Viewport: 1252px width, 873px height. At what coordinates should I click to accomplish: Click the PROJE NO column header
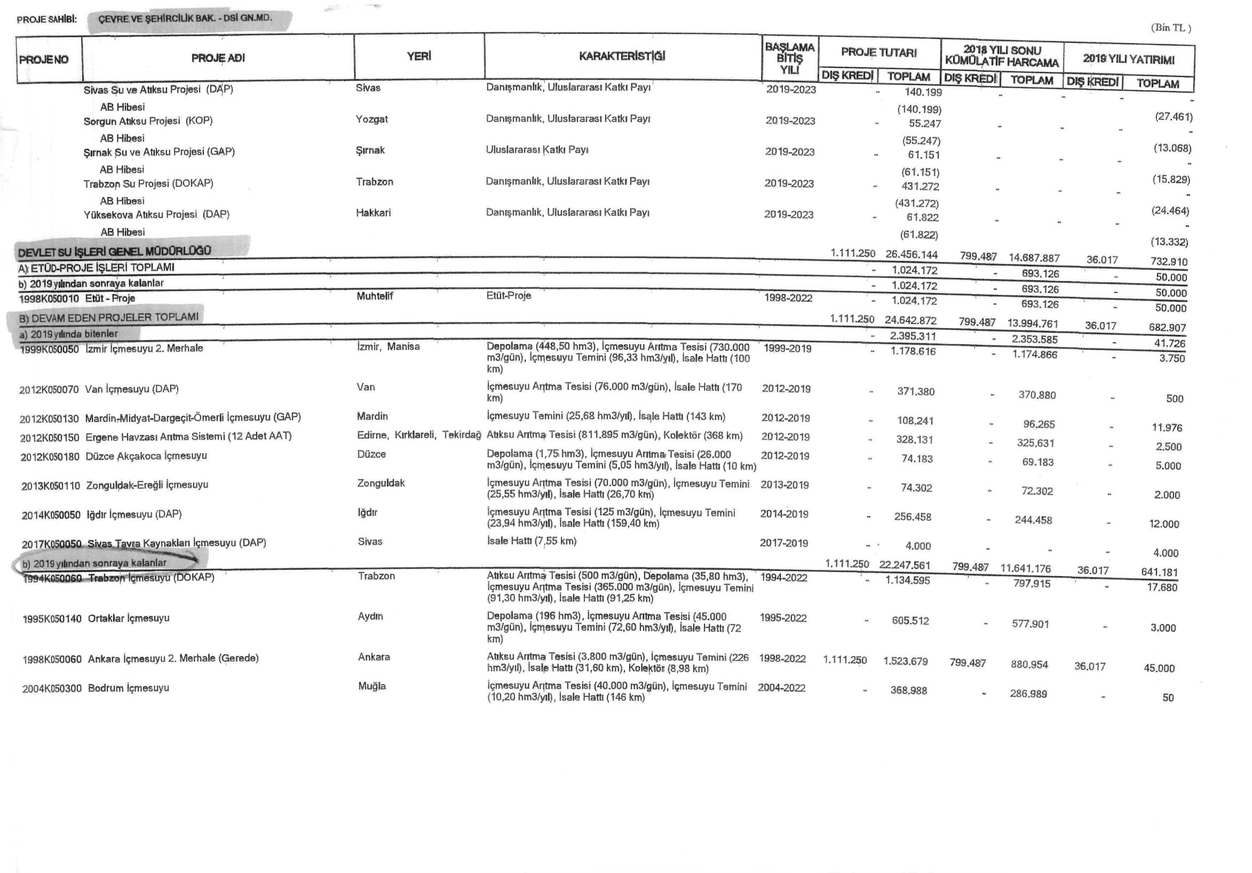tap(44, 59)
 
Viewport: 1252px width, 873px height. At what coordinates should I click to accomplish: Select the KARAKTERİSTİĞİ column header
tap(622, 56)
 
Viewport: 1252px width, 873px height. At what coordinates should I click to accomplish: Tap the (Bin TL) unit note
tap(1171, 28)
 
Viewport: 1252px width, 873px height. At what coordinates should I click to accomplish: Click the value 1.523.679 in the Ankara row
tap(905, 661)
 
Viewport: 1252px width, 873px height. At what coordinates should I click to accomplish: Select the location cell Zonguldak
tap(380, 483)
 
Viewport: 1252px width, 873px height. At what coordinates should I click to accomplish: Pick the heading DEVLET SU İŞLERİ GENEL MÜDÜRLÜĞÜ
tap(115, 251)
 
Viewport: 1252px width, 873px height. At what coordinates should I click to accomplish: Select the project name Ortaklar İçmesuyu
tap(128, 618)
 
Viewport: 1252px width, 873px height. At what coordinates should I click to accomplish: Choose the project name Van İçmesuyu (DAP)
tap(131, 389)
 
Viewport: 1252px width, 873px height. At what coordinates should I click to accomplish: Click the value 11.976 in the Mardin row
tap(1166, 428)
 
